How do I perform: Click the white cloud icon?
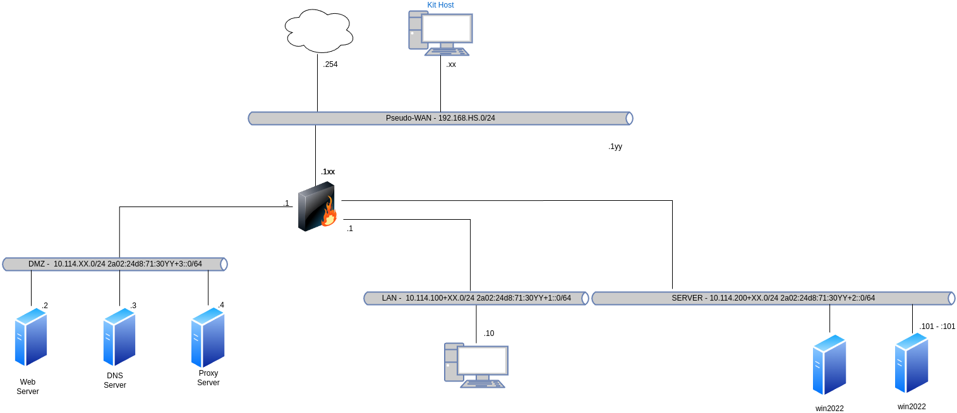click(x=319, y=31)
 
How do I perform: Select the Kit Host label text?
click(x=440, y=5)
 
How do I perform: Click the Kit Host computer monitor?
click(x=447, y=28)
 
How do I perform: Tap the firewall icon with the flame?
click(x=316, y=206)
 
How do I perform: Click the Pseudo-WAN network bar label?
click(x=440, y=118)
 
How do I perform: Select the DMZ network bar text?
click(x=115, y=264)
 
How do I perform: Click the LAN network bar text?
click(x=476, y=298)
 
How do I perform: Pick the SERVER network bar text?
click(x=773, y=298)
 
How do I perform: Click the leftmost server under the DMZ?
click(x=31, y=337)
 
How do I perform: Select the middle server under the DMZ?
click(x=119, y=337)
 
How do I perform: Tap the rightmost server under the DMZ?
click(x=208, y=337)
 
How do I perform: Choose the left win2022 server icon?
click(x=829, y=364)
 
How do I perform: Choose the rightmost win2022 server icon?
click(x=912, y=362)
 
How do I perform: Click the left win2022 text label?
click(x=829, y=409)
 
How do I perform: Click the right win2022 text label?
click(x=912, y=407)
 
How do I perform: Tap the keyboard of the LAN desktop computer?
click(x=483, y=383)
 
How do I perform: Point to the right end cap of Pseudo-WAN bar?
click(x=629, y=118)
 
